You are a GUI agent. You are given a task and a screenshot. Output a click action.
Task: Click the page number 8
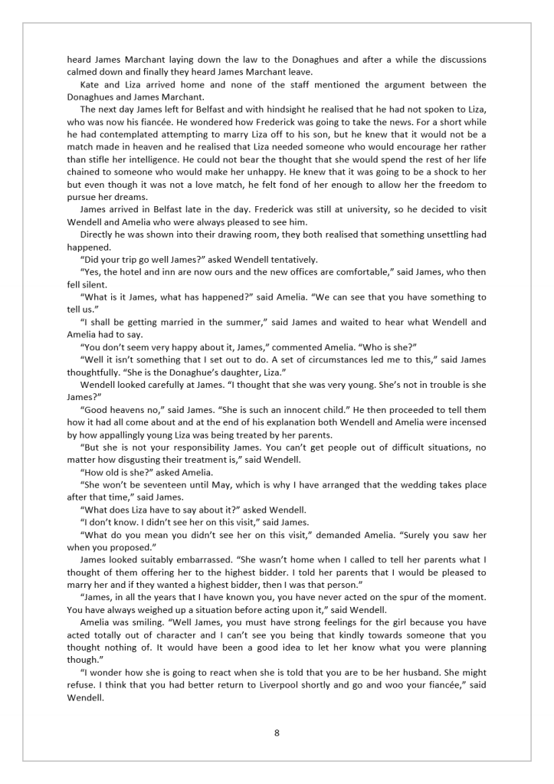tap(277, 733)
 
